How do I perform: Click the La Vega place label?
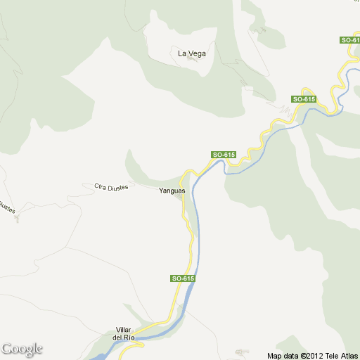click(x=191, y=53)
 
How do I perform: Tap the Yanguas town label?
click(x=172, y=191)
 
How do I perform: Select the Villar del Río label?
click(x=124, y=334)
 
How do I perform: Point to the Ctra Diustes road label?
click(x=111, y=187)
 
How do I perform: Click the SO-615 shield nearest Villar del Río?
click(x=182, y=279)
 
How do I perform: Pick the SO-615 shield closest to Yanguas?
click(x=223, y=155)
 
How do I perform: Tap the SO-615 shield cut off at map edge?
click(x=350, y=40)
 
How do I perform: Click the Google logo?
click(x=22, y=349)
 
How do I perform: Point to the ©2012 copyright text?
click(x=314, y=355)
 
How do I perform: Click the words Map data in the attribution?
click(x=283, y=355)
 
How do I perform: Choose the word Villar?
click(x=124, y=330)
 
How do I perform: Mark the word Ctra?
click(x=101, y=186)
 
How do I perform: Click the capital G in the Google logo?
click(x=7, y=348)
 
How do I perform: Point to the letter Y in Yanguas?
click(x=161, y=191)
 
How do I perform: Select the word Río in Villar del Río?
click(x=129, y=338)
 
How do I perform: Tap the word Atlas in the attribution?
click(x=349, y=355)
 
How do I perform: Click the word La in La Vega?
click(x=181, y=53)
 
